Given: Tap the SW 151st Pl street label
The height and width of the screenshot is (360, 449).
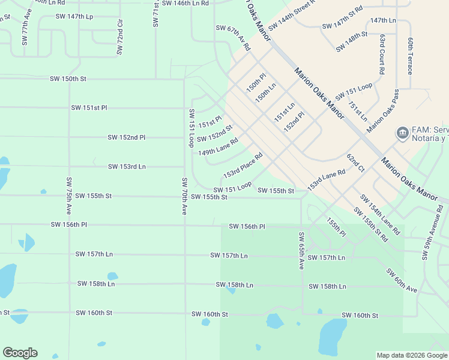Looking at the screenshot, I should click(x=89, y=108).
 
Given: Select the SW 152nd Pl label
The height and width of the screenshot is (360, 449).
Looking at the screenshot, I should click(x=127, y=137).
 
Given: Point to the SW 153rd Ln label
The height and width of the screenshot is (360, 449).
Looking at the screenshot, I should click(x=127, y=166).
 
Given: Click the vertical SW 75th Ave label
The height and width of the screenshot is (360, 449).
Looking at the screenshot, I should click(x=69, y=196).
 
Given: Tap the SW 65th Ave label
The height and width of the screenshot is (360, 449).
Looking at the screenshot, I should click(x=301, y=250).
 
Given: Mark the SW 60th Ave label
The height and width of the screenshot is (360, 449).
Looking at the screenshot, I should click(x=402, y=281).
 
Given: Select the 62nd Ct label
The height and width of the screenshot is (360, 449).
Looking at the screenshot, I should click(x=355, y=163).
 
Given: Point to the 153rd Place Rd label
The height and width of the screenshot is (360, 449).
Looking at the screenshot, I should click(x=243, y=166).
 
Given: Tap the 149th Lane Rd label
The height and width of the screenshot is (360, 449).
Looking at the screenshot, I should click(x=218, y=147).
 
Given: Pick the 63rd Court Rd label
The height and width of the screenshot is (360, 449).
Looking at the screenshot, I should click(x=382, y=54).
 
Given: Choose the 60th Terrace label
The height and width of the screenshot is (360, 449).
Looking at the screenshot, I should click(x=411, y=56).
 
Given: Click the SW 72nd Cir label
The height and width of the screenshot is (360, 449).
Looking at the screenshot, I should click(x=120, y=37).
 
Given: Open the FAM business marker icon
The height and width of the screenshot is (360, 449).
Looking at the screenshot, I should click(x=402, y=132).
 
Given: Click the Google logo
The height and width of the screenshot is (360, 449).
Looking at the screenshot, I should click(x=20, y=353).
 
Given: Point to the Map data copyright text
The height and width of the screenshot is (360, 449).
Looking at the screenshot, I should click(x=412, y=355).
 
